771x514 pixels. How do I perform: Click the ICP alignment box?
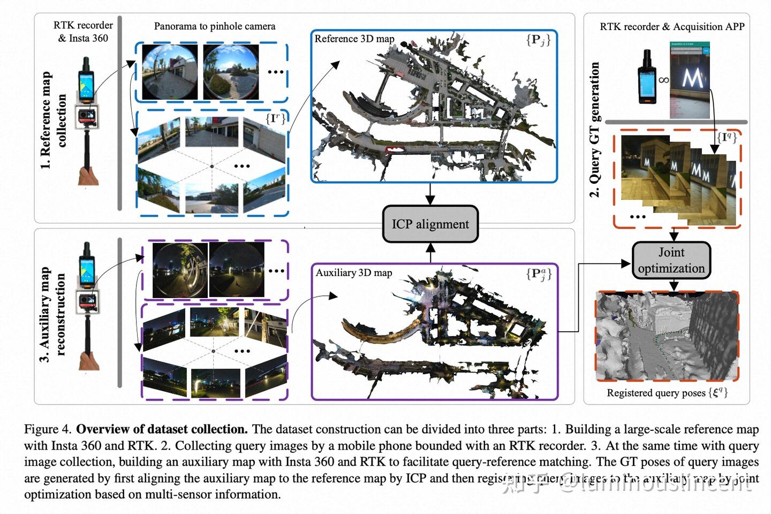point(430,224)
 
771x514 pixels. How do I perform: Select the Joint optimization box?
point(671,260)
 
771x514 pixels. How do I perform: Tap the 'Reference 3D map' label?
point(354,39)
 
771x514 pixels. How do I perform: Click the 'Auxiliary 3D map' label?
point(353,273)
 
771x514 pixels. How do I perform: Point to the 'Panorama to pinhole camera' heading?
point(214,26)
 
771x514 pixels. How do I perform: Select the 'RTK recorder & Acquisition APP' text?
point(671,27)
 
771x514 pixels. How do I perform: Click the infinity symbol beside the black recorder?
point(663,80)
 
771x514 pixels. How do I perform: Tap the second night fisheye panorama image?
point(236,270)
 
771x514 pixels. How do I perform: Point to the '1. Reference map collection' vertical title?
point(53,121)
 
